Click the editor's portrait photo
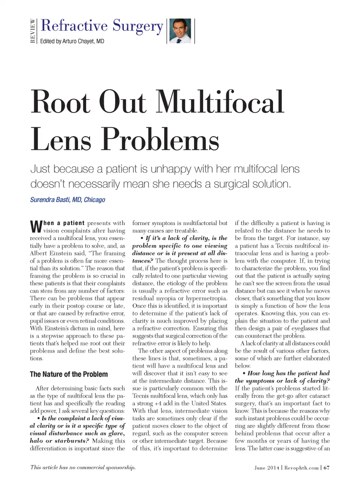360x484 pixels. [x=180, y=31]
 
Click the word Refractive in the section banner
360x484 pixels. [x=74, y=26]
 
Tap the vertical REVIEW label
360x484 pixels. [x=33, y=31]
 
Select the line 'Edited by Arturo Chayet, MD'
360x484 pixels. [x=72, y=41]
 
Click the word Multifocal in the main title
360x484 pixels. [x=220, y=102]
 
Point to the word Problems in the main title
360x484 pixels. [x=160, y=140]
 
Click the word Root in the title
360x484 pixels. [x=60, y=102]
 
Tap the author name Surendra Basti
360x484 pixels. [x=51, y=200]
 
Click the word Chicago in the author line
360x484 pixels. [x=94, y=200]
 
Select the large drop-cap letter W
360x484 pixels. [x=36, y=226]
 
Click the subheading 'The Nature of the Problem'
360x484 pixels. [x=69, y=374]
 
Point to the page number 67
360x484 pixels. [x=327, y=467]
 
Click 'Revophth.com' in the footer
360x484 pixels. [x=301, y=467]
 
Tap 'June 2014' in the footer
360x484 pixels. [x=267, y=467]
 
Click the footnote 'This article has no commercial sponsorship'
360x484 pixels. [x=83, y=467]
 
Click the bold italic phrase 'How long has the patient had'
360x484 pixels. [x=288, y=373]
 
